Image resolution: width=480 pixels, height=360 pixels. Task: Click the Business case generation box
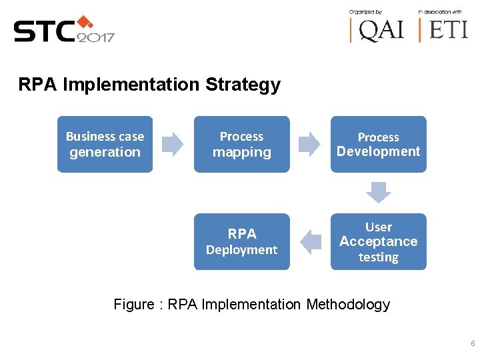[x=105, y=144]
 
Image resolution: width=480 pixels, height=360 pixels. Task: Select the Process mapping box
[x=241, y=144]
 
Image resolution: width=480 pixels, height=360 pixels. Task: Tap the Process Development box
[x=378, y=144]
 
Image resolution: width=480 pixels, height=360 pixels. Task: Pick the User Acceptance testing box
[x=378, y=241]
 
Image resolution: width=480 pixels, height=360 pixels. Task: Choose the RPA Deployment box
[x=241, y=241]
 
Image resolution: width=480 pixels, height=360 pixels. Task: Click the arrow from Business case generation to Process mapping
[x=173, y=144]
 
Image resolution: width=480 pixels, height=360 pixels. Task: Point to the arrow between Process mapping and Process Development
[x=309, y=144]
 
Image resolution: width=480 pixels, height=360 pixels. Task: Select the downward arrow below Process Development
[x=379, y=193]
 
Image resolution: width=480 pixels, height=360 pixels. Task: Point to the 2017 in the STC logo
[x=95, y=37]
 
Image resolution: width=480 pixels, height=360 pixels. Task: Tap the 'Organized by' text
[x=365, y=11]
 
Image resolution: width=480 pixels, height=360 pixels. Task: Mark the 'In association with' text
[x=439, y=11]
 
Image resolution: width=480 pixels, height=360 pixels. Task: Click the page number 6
[x=473, y=344]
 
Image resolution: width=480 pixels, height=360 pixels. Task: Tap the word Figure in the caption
[x=134, y=305]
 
